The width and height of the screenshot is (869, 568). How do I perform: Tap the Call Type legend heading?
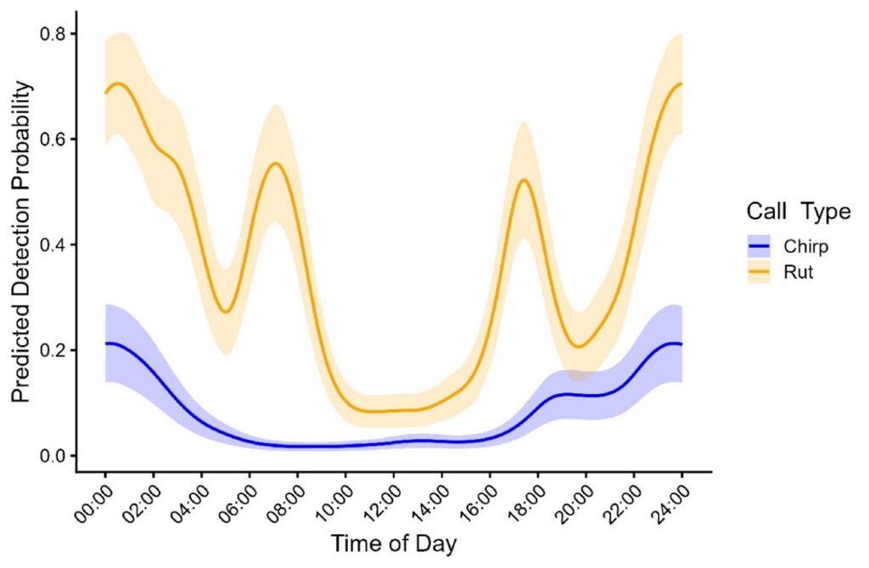(x=798, y=211)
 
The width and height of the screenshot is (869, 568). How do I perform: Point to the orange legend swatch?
(x=758, y=273)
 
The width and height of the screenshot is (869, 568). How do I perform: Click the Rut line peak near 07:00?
(x=275, y=163)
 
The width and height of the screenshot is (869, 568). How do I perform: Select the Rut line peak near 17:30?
(x=524, y=179)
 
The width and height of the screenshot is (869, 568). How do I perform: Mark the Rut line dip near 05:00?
(x=225, y=312)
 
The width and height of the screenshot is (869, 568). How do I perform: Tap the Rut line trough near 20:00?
(x=579, y=346)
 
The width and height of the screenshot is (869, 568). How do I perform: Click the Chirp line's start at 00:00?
(x=105, y=343)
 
